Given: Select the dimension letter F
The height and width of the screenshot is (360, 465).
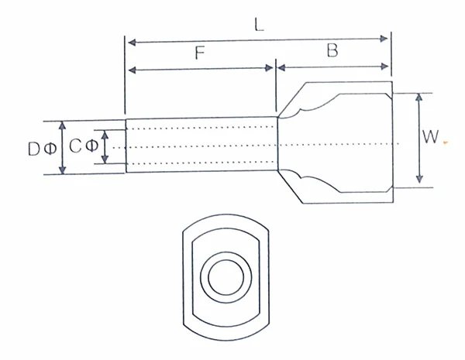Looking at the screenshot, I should coord(200,54).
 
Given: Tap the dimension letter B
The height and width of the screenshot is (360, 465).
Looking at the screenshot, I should coord(332,52).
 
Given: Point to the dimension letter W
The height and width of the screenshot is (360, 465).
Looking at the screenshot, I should coord(431,137).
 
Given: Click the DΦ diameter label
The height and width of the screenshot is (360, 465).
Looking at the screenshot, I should coord(39,148).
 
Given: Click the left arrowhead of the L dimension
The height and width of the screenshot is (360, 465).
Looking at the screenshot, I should coord(130,39).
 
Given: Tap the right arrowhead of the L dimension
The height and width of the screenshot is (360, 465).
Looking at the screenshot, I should coord(385,39).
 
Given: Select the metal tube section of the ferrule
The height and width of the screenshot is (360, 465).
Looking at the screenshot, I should coord(201,145).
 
